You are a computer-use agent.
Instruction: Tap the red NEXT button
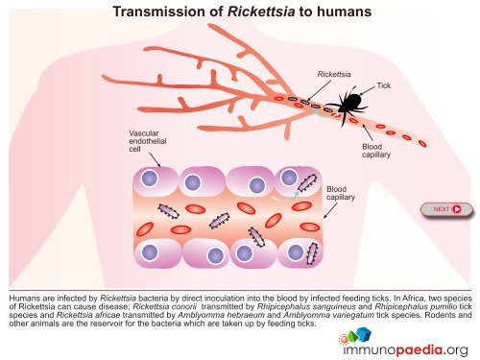[446, 208]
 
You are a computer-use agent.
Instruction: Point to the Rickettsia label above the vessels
[333, 73]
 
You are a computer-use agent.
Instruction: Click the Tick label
[384, 85]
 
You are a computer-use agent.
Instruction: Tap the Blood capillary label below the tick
[373, 151]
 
